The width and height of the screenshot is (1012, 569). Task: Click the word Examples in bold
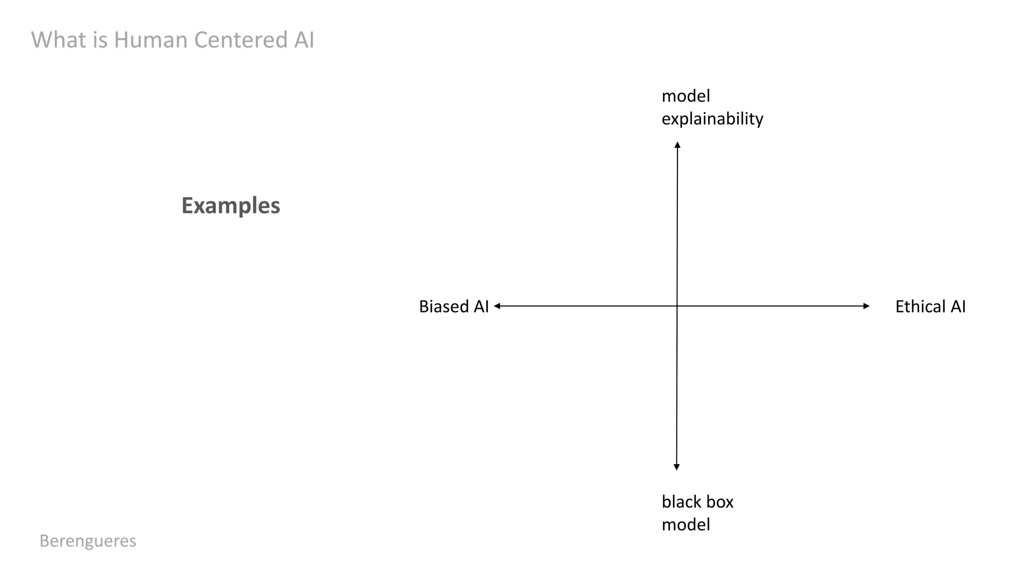click(x=231, y=205)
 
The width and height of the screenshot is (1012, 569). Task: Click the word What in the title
click(x=59, y=40)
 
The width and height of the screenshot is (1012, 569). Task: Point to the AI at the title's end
click(x=304, y=40)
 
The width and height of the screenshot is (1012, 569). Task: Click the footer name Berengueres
click(x=88, y=541)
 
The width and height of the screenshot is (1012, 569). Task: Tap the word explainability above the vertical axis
click(x=712, y=119)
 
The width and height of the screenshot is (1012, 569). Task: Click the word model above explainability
click(x=685, y=96)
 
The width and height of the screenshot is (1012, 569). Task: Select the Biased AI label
click(x=454, y=307)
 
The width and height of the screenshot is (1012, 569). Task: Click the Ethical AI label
click(x=930, y=307)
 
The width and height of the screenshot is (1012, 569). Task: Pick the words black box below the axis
click(x=697, y=502)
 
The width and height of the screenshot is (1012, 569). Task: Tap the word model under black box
click(x=685, y=525)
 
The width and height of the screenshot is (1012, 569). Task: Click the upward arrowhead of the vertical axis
click(x=677, y=145)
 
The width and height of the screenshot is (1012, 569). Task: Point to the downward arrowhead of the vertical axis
click(x=676, y=467)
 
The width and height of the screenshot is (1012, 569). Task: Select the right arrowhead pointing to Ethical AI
click(x=866, y=306)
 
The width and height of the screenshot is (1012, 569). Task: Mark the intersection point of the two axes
click(x=677, y=306)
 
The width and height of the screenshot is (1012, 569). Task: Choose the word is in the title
click(x=100, y=40)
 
